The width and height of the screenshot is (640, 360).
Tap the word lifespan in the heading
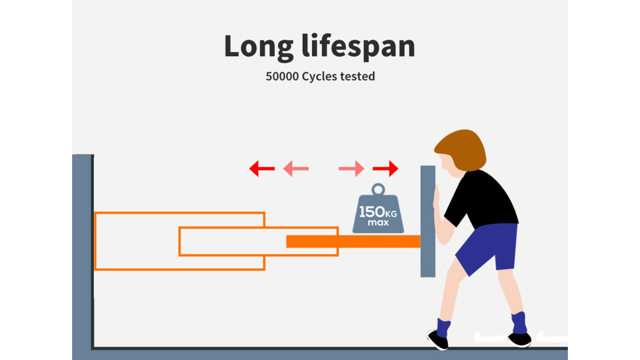[x=358, y=46]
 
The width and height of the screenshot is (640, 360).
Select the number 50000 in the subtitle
[x=282, y=76]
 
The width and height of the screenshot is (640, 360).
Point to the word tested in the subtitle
[x=357, y=76]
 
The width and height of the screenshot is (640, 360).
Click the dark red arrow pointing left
[x=262, y=168]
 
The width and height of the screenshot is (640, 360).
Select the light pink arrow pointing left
[x=296, y=168]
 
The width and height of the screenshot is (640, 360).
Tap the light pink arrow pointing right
[x=352, y=168]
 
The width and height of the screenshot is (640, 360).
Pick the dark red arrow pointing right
[x=386, y=168]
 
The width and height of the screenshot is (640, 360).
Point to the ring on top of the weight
[x=378, y=189]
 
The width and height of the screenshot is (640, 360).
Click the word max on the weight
[x=378, y=223]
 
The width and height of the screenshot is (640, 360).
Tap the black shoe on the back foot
[x=520, y=340]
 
